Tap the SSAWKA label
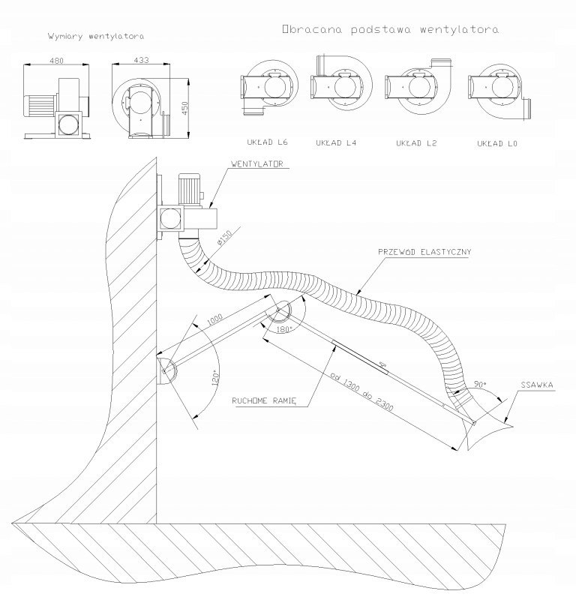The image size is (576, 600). (x=537, y=385)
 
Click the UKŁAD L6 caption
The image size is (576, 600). (x=268, y=142)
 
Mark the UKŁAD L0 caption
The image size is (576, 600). (x=498, y=142)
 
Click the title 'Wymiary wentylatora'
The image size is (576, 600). (x=85, y=36)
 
